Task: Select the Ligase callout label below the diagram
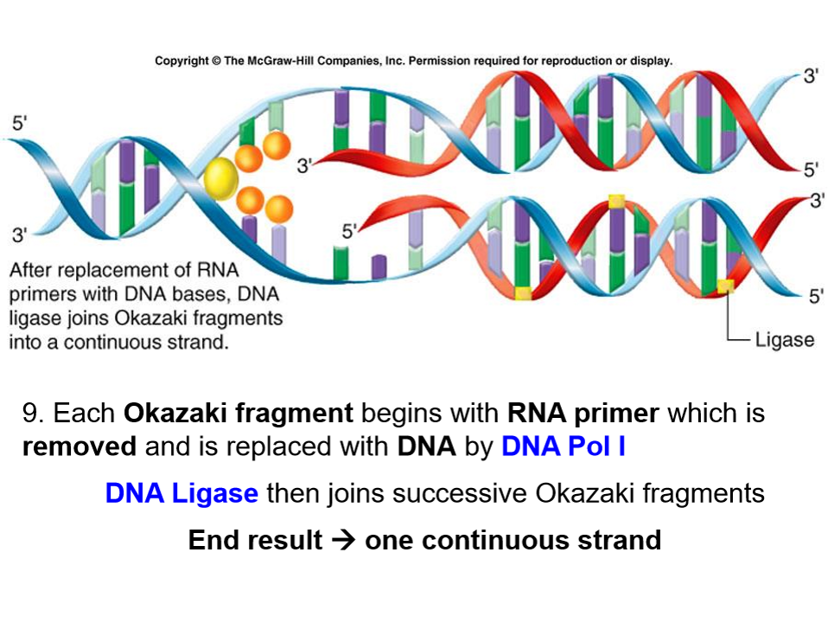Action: (x=785, y=339)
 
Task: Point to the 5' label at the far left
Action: (x=18, y=122)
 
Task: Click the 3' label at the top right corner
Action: (x=811, y=75)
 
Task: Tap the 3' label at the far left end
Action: (x=18, y=234)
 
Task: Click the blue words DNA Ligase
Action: (x=182, y=493)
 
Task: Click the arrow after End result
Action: (x=343, y=541)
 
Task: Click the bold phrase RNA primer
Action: (x=583, y=413)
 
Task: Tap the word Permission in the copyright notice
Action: (x=438, y=61)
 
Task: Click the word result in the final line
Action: (x=284, y=541)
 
